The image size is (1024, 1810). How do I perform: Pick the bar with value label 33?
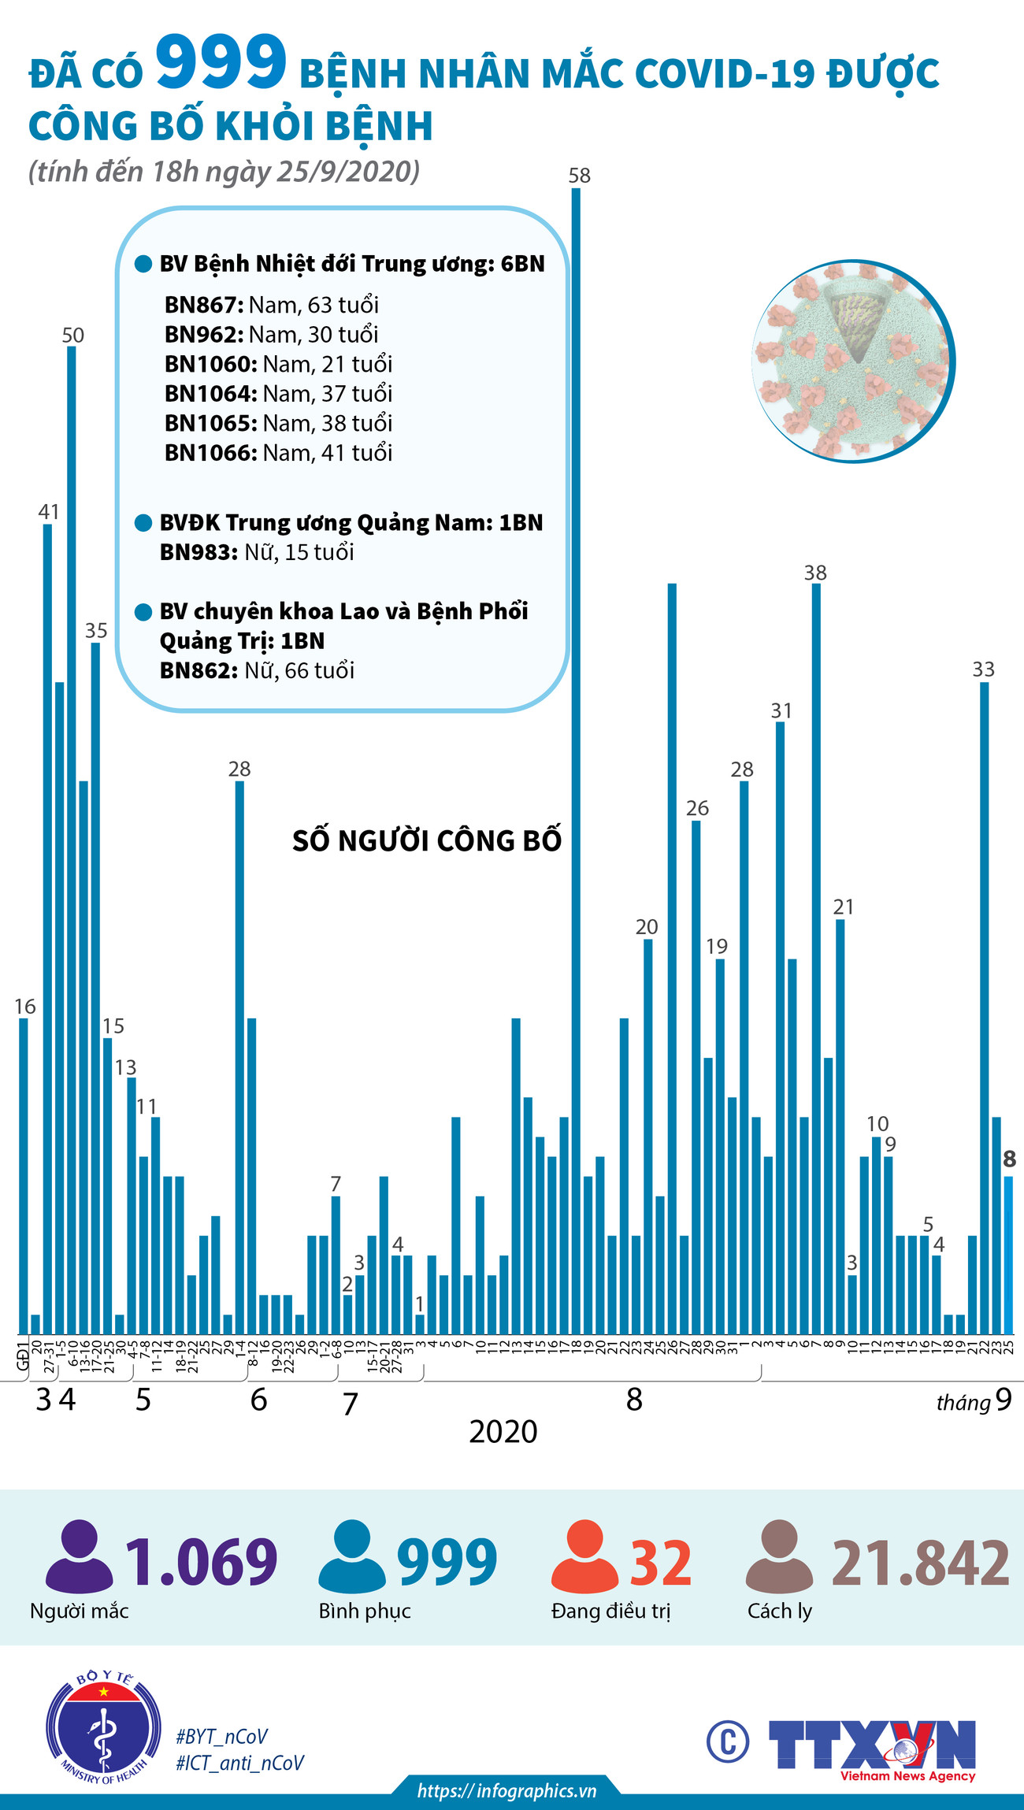coord(984,1000)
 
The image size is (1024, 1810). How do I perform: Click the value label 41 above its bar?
coord(49,512)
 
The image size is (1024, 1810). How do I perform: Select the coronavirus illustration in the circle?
coord(853,362)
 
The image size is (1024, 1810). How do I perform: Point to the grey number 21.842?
coord(920,1563)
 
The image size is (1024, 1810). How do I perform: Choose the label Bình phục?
coord(365,1612)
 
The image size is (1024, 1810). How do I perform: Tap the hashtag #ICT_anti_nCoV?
coord(239,1763)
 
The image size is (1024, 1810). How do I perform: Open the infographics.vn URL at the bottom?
coord(506,1790)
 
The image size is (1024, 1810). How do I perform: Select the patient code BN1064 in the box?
coord(210,394)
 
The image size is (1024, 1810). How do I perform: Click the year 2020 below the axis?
coord(503,1431)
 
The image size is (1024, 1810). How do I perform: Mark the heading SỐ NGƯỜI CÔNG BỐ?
coord(427,841)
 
